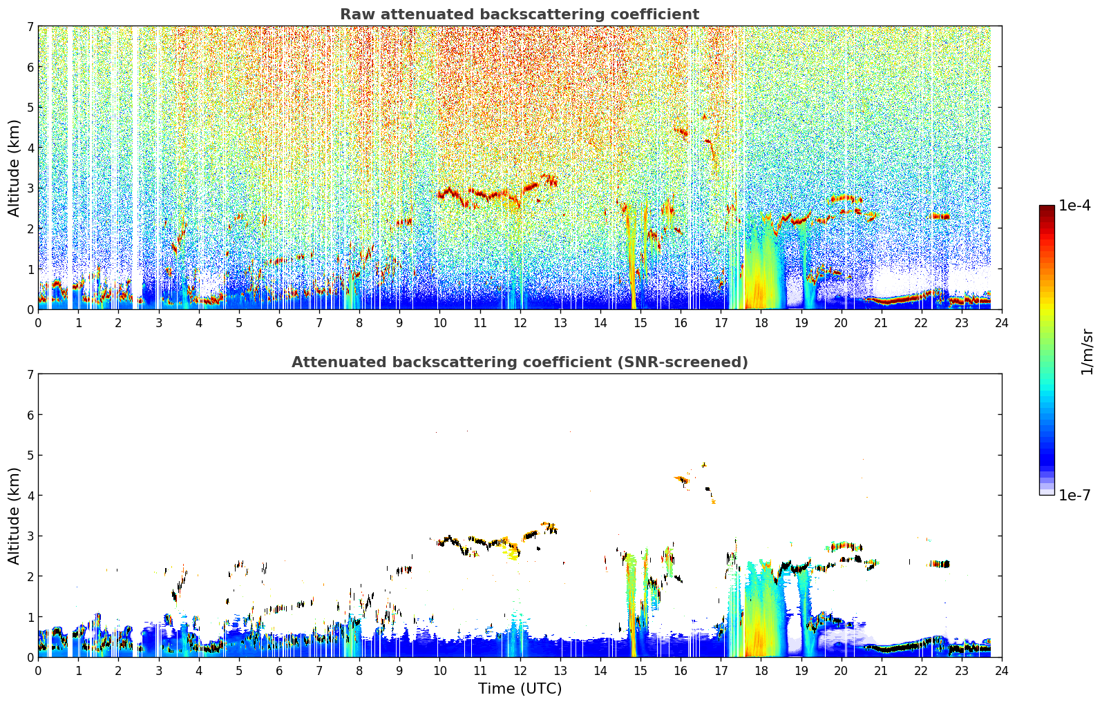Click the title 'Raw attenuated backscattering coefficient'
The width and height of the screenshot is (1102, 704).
(520, 14)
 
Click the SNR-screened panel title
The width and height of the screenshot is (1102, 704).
(520, 362)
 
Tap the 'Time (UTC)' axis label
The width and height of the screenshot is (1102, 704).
(520, 689)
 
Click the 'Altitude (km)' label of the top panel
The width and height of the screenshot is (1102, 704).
(14, 168)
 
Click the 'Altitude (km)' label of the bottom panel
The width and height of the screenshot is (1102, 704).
(14, 516)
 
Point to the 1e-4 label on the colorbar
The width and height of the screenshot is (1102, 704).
(1074, 206)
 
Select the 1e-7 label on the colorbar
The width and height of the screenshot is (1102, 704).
(1074, 495)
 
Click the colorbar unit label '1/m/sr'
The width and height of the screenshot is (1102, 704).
(1087, 352)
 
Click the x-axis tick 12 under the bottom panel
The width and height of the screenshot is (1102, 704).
(520, 671)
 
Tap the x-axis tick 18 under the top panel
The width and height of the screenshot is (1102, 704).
(761, 323)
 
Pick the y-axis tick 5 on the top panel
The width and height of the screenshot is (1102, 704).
(30, 107)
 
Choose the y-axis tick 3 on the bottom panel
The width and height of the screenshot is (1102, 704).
(30, 536)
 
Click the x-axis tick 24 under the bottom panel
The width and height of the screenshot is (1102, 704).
(1002, 671)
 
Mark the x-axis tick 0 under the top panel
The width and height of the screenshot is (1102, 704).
(39, 323)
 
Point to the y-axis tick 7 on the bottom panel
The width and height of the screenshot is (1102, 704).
(30, 374)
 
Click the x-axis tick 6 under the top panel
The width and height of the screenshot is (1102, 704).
(279, 323)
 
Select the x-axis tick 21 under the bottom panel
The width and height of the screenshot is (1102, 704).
(881, 671)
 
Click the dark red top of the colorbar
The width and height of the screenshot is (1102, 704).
(1047, 208)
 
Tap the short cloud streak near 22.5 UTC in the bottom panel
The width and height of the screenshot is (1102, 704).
(940, 564)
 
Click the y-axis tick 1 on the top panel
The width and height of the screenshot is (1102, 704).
(30, 269)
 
